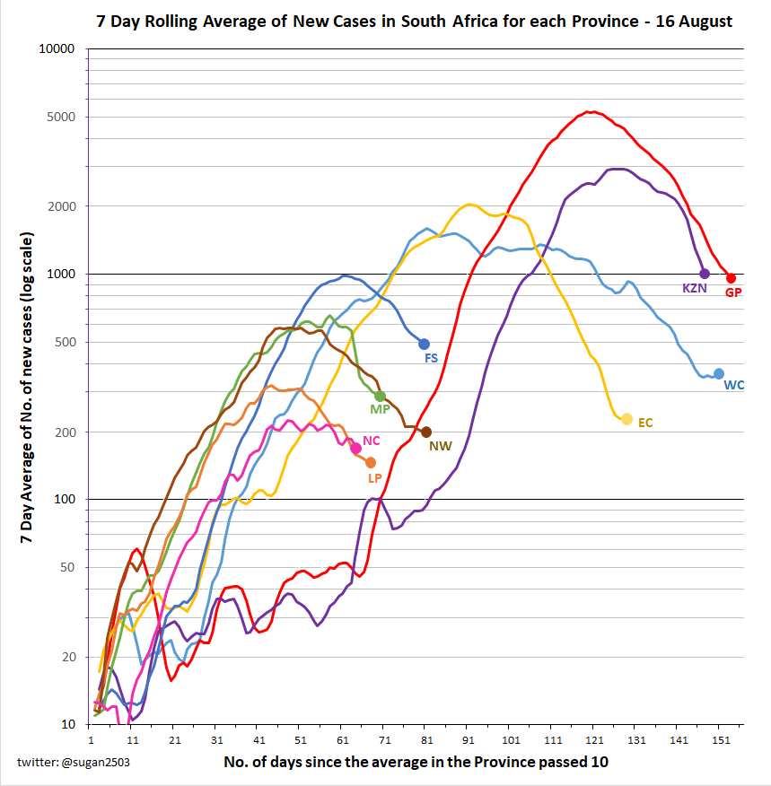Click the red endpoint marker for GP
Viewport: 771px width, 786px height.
(x=731, y=278)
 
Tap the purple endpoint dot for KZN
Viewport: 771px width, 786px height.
(x=705, y=274)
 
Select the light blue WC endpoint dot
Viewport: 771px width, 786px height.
(x=718, y=373)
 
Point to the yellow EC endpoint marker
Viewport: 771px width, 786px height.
(x=626, y=419)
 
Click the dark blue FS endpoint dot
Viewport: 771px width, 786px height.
(x=425, y=344)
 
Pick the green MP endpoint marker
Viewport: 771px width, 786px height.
(x=381, y=396)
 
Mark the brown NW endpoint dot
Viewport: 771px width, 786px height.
(x=426, y=432)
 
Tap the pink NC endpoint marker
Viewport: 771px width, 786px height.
(x=356, y=448)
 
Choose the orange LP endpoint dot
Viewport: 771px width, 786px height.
(x=371, y=462)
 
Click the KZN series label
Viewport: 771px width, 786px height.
(x=695, y=289)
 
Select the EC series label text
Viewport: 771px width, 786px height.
(x=645, y=423)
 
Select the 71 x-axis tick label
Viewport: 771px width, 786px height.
(x=385, y=740)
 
